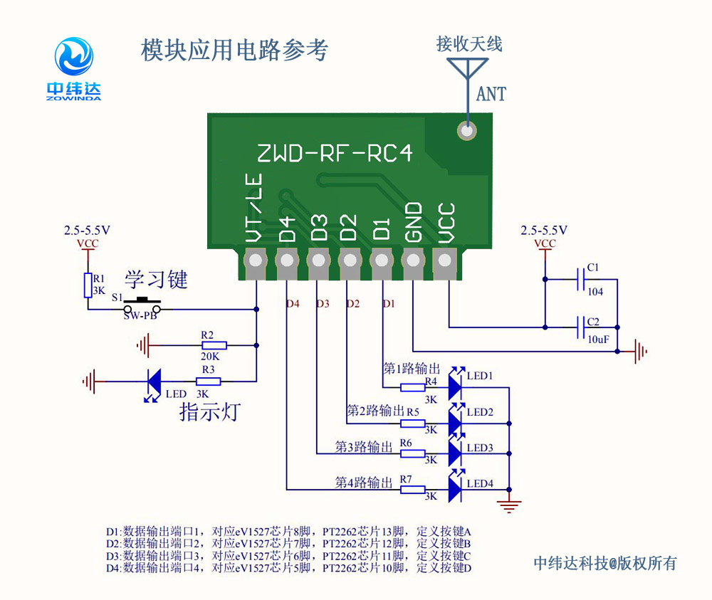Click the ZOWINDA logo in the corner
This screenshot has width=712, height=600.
74,68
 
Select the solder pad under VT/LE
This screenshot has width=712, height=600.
254,261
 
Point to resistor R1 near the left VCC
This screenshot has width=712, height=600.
88,285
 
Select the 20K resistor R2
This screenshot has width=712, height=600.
208,345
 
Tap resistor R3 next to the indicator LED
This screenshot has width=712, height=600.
208,381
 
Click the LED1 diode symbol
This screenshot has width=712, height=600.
454,387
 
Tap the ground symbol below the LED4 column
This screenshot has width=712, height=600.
509,506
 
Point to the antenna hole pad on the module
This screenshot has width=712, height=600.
467,130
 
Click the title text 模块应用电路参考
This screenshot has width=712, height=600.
235,50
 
